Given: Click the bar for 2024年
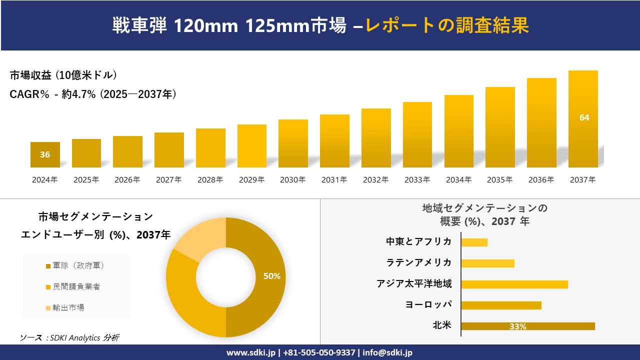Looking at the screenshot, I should pos(45,155).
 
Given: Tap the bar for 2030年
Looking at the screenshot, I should pos(293,143).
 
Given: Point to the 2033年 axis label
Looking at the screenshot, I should pos(417,180).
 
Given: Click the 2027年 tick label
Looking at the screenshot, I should pos(168,180).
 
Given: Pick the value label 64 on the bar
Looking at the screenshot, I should pos(584,117).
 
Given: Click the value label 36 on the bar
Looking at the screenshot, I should pos(45,154).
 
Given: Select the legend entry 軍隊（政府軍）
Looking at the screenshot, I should pos(75,266).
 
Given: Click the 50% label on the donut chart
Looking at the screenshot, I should pos(271,276).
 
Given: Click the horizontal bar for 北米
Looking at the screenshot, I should pos(527,326).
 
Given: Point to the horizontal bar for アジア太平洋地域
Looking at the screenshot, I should pos(514,284).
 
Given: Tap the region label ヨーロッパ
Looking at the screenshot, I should pos(428,305).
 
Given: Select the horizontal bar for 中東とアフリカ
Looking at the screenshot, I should pos(474,242).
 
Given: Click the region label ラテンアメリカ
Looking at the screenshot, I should pos(418,263).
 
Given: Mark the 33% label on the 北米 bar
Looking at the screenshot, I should pos(517,326).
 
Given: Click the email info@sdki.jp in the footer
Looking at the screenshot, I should pos(387,352).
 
